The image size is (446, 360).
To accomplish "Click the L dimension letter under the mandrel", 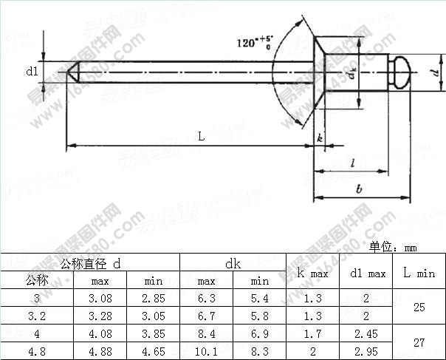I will coord(201,135).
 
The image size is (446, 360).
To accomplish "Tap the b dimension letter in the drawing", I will coord(359,189).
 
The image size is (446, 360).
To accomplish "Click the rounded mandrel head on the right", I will coord(402,72).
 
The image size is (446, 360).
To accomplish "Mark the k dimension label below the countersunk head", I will coord(319,138).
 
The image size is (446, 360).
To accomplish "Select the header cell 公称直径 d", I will coord(90,262).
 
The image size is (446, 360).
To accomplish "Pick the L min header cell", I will coord(419,273).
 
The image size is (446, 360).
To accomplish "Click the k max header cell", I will coord(312,274).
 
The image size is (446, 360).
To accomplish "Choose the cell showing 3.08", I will coord(100,298).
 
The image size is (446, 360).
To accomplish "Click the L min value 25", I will coord(419,307).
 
